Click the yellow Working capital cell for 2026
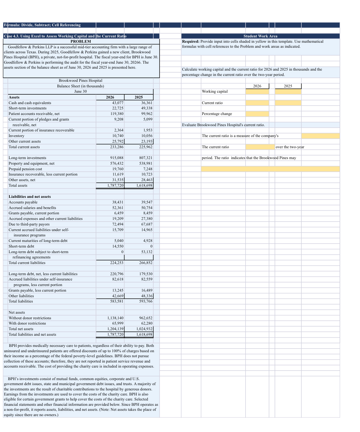(x=257, y=92)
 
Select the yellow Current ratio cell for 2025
(x=288, y=103)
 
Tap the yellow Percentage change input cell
(x=257, y=114)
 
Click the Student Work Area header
(x=260, y=36)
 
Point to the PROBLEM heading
(x=81, y=41)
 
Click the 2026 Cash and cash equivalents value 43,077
(x=118, y=103)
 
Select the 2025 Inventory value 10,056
(x=147, y=136)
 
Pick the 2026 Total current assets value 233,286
(x=117, y=147)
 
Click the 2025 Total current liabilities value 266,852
(x=146, y=263)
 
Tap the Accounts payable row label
(x=23, y=202)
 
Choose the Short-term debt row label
(x=21, y=246)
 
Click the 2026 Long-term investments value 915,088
(x=117, y=158)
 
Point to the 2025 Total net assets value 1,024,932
(x=144, y=329)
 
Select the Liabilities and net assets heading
(x=30, y=197)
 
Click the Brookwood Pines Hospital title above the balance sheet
(x=80, y=81)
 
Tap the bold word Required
(x=191, y=41)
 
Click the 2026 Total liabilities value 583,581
(x=117, y=301)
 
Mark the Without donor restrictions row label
(x=30, y=318)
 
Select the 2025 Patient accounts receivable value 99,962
(x=147, y=114)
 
